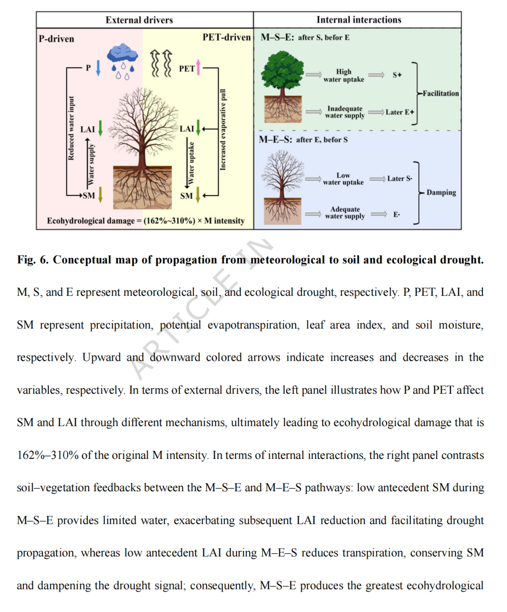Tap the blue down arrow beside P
[x=98, y=68]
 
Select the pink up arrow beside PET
[x=198, y=67]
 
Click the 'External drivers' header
[x=139, y=20]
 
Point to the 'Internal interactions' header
[x=359, y=20]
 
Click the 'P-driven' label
[x=56, y=39]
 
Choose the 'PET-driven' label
[x=227, y=37]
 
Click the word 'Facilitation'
[x=440, y=93]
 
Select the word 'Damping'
[x=441, y=192]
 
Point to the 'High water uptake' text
[x=344, y=75]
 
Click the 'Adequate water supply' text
[x=345, y=212]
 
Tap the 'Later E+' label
[x=400, y=112]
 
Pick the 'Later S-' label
[x=399, y=178]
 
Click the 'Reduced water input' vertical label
[x=71, y=128]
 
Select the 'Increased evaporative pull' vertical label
[x=223, y=129]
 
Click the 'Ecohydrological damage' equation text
[x=146, y=221]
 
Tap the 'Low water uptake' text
[x=343, y=178]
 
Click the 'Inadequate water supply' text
[x=345, y=112]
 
